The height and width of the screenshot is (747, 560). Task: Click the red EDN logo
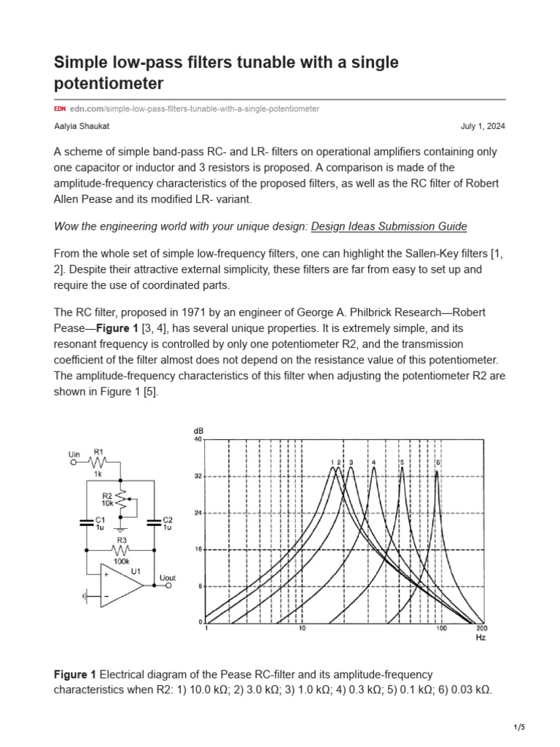coord(60,109)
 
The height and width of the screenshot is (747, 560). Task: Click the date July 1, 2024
coord(483,126)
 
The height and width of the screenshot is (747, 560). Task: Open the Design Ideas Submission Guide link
coord(389,226)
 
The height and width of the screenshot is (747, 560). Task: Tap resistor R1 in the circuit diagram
coord(98,461)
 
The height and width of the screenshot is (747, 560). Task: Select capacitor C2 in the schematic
coord(154,522)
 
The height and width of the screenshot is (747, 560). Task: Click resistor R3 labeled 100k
coord(121,549)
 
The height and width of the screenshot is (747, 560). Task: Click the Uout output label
coord(168,578)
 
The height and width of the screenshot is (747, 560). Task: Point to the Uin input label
coord(74,454)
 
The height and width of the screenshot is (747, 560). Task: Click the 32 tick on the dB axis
coord(198,476)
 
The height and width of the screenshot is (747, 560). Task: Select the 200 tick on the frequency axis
coord(481,628)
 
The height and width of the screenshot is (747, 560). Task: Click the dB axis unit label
coord(198,431)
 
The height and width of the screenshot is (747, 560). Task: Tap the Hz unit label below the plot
coord(480,637)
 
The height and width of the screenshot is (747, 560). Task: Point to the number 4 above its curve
coord(373,462)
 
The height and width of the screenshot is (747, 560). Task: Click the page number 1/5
coord(520,727)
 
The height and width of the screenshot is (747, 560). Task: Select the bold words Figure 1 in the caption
coord(75,675)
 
